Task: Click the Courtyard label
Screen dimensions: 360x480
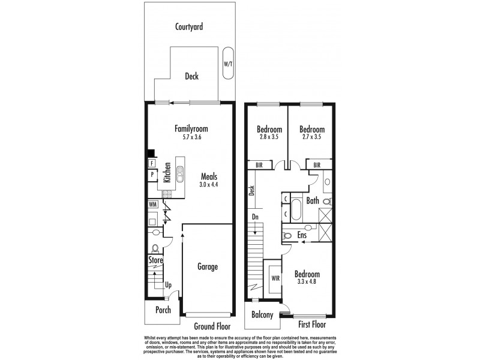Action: pos(189,26)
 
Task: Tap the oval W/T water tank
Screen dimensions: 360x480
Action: pos(228,63)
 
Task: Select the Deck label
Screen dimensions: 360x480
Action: pos(191,76)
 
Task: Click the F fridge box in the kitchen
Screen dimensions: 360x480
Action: pos(152,163)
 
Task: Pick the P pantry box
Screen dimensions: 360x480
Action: pos(152,175)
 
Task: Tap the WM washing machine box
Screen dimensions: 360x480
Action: pos(154,204)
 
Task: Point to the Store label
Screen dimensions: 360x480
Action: pos(156,260)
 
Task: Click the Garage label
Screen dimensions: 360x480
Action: pos(208,266)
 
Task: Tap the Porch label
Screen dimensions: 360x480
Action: pos(163,310)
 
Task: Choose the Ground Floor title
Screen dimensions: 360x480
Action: pos(212,326)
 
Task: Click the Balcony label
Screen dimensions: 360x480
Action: pos(263,315)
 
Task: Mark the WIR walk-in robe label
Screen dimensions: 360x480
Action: pos(276,278)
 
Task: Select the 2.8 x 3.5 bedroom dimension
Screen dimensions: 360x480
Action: pos(269,137)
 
